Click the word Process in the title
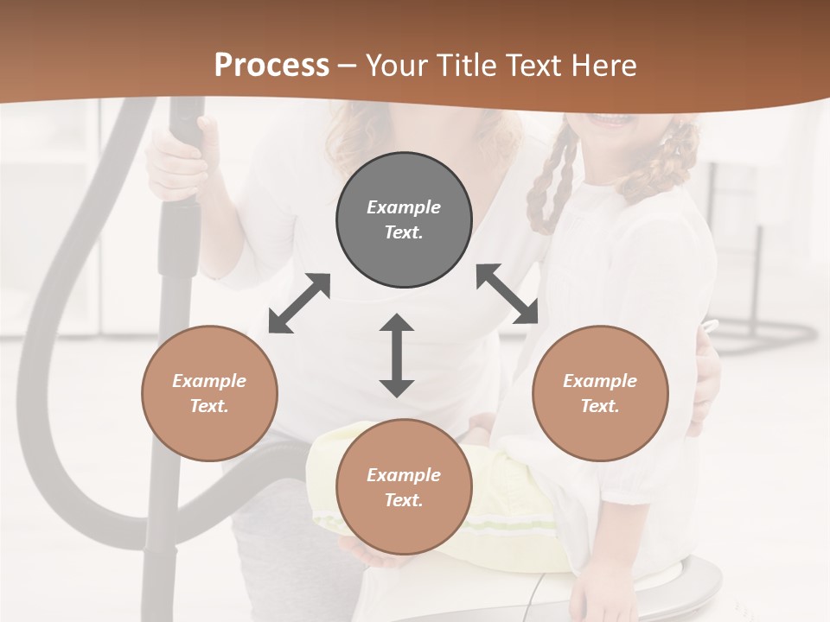pyautogui.click(x=271, y=66)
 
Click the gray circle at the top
pyautogui.click(x=404, y=181)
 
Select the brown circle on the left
pyautogui.click(x=209, y=423)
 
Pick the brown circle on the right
pyautogui.click(x=600, y=423)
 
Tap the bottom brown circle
pyautogui.click(x=404, y=527)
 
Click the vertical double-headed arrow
pyautogui.click(x=397, y=355)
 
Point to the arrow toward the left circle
pyautogui.click(x=299, y=303)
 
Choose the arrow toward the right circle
pyautogui.click(x=507, y=294)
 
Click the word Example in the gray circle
pyautogui.click(x=404, y=207)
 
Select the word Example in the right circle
pyautogui.click(x=600, y=381)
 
